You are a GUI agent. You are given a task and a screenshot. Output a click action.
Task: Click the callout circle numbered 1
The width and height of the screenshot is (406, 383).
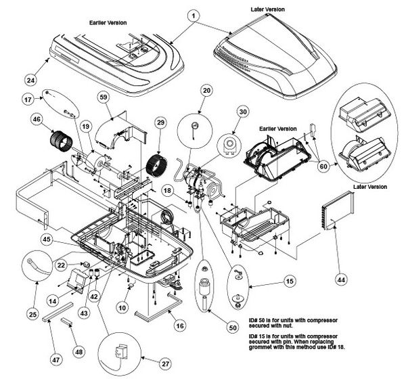coord(193,16)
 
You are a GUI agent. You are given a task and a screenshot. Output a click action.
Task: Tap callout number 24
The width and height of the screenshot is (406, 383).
coord(30,80)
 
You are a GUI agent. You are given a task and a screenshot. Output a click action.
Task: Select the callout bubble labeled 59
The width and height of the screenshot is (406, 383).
coord(104,97)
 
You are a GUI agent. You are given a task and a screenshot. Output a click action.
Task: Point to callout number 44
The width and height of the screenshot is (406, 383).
coord(341,279)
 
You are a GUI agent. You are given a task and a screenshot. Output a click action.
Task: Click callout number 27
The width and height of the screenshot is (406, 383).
coord(166,364)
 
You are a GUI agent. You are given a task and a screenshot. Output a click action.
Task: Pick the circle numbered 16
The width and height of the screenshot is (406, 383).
coord(180,325)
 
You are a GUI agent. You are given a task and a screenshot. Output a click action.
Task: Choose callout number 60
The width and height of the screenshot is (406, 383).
coord(323,166)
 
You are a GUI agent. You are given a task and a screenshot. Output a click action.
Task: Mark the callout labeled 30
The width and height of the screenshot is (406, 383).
coord(243,112)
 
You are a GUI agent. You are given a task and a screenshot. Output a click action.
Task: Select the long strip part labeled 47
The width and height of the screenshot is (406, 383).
coord(58,312)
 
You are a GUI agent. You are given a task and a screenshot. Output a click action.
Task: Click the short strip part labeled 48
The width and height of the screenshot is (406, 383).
coord(67,322)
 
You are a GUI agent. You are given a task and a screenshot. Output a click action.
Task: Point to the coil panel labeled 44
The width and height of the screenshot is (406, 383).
coord(338,210)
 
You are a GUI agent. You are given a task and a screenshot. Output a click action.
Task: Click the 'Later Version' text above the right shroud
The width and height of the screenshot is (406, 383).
coord(267,9)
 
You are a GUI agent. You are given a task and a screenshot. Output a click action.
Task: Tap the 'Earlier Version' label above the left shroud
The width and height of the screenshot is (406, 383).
coord(108,23)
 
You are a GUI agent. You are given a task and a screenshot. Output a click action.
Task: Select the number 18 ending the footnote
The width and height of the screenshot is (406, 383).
coord(341,347)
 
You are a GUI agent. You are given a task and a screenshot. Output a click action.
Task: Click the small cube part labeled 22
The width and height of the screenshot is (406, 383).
coord(86,265)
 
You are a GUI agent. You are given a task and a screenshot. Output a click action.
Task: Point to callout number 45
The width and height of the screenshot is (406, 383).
coord(47,240)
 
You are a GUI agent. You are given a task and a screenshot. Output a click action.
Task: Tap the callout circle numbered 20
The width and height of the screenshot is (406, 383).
coord(206,91)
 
